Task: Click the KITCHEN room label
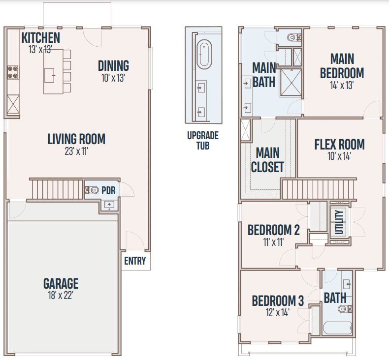pyautogui.click(x=41, y=38)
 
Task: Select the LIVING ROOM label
pyautogui.click(x=76, y=139)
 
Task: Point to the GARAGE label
pyautogui.click(x=61, y=284)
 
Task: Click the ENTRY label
pyautogui.click(x=134, y=261)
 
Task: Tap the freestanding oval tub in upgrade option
pyautogui.click(x=203, y=55)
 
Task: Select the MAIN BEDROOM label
pyautogui.click(x=342, y=66)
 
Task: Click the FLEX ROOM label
pyautogui.click(x=339, y=145)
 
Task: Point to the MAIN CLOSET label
pyautogui.click(x=267, y=160)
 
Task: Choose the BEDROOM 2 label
pyautogui.click(x=273, y=230)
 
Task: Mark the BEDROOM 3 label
pyautogui.click(x=278, y=300)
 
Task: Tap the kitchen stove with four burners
pyautogui.click(x=13, y=73)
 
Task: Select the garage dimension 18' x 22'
pyautogui.click(x=61, y=296)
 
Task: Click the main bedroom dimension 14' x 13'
pyautogui.click(x=342, y=85)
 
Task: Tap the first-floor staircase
pyautogui.click(x=56, y=188)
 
